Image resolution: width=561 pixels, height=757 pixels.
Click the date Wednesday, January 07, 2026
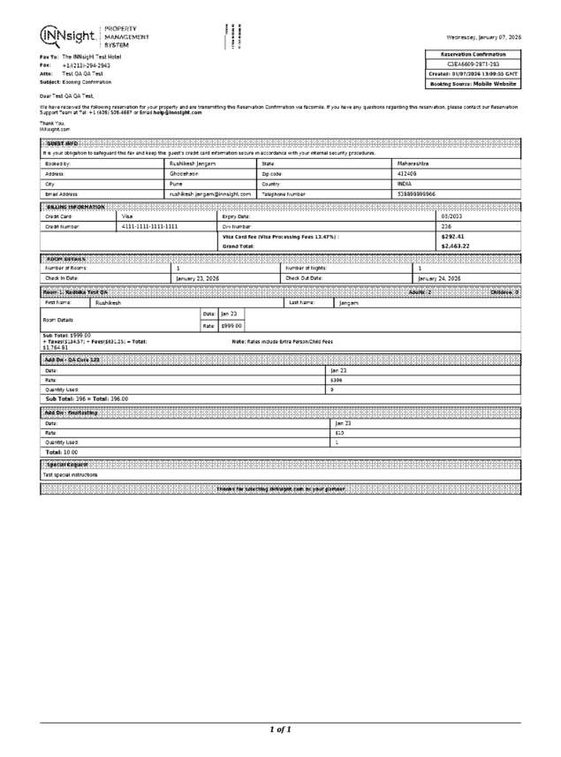pos(483,37)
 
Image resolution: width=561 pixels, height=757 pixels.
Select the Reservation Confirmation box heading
pos(473,54)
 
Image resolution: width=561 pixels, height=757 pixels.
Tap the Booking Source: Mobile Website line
pos(473,83)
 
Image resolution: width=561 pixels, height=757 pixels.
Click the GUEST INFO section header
pos(61,143)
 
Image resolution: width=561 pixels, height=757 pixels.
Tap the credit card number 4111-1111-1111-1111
pos(149,226)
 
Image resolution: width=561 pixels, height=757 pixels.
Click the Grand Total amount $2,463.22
pos(455,246)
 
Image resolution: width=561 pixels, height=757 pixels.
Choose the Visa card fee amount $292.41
pos(452,236)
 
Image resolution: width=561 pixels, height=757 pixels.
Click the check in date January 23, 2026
pos(198,277)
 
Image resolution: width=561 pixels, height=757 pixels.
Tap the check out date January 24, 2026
pos(439,277)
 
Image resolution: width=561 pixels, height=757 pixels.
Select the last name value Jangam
pos(348,302)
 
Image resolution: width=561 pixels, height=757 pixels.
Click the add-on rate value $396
pos(337,380)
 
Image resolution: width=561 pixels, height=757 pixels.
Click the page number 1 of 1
pos(280,730)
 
